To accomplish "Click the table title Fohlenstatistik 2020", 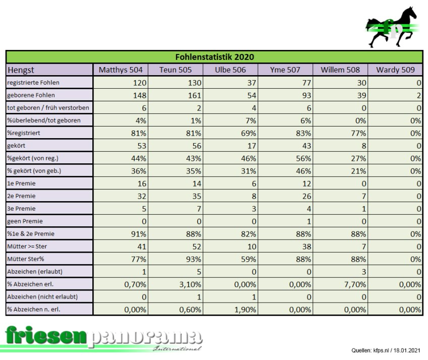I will click(214, 57).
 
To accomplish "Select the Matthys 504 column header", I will click(121, 70).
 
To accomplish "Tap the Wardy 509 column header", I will click(395, 70).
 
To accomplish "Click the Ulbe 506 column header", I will click(230, 70).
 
